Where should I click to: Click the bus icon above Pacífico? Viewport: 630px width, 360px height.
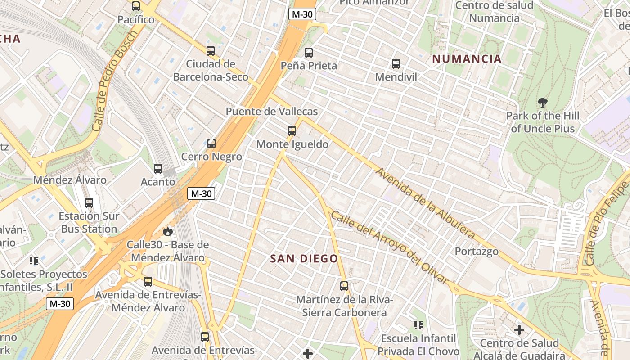tap(136, 6)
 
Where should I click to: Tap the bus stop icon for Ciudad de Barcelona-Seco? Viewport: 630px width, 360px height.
tap(210, 50)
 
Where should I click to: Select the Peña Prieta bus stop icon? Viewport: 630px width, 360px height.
tap(309, 52)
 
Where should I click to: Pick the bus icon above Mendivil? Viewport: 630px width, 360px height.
tap(396, 64)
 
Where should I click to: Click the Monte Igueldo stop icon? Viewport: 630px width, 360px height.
tap(292, 131)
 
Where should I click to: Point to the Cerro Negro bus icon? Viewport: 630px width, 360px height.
tap(211, 144)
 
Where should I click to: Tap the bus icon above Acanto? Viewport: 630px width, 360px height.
tap(158, 169)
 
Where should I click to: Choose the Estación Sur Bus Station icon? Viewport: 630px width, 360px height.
tap(89, 203)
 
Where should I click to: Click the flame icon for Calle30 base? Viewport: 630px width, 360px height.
tap(168, 232)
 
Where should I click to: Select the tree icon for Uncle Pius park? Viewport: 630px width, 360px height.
tap(543, 103)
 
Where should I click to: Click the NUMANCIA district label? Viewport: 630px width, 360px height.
tap(467, 59)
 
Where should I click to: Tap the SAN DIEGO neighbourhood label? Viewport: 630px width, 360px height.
tap(304, 258)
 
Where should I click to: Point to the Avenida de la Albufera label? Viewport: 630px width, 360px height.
tap(426, 204)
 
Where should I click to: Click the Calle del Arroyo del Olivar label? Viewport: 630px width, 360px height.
tap(390, 247)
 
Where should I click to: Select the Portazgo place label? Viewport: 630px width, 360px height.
tap(477, 251)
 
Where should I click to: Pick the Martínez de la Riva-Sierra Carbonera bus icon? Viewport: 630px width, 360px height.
tap(344, 286)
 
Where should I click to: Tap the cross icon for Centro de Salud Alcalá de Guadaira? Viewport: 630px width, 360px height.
tap(519, 330)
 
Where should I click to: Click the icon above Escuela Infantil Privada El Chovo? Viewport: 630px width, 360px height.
tap(418, 325)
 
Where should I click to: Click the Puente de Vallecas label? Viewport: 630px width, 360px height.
tap(272, 112)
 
